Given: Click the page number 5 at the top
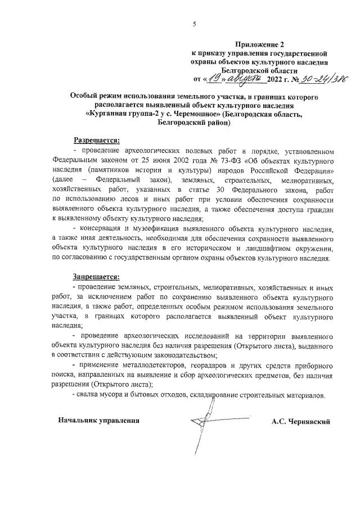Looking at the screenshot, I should (x=194, y=24).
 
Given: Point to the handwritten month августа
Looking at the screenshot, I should (x=243, y=79).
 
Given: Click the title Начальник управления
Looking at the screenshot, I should (x=97, y=421).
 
